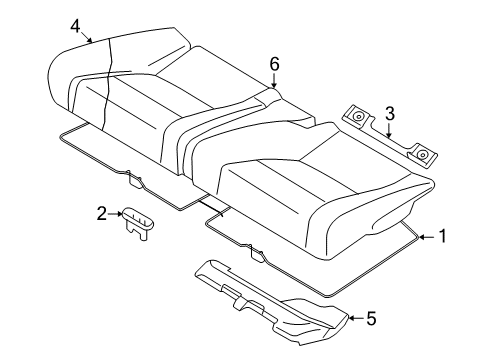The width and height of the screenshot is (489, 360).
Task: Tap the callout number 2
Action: [102, 212]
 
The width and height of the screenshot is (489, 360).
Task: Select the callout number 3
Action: [391, 114]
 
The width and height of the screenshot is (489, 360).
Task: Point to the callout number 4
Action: [76, 26]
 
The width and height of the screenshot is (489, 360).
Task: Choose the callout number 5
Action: [370, 319]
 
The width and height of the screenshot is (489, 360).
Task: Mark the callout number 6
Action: [273, 63]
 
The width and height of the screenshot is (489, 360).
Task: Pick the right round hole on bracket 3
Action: [423, 154]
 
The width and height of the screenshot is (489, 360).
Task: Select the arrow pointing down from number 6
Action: [273, 82]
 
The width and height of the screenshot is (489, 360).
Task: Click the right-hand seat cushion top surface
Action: [320, 160]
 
